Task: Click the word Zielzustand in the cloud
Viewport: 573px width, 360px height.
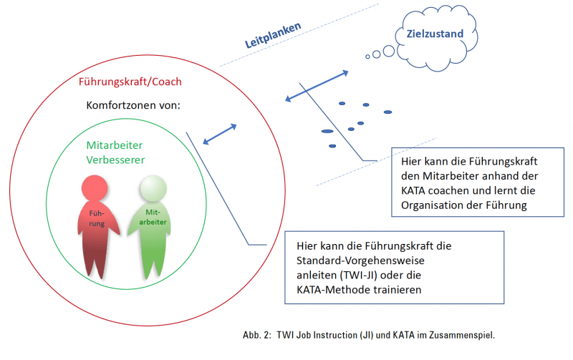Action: [x=435, y=34]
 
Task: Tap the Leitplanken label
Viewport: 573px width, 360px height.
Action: [x=273, y=35]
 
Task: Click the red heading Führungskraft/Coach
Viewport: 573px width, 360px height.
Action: [x=130, y=82]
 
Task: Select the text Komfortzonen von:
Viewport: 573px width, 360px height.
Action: [x=133, y=105]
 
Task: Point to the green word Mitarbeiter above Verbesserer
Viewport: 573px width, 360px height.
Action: [x=115, y=145]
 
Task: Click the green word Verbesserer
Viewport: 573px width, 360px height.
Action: [x=115, y=160]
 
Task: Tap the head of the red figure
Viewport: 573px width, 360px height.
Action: [x=95, y=188]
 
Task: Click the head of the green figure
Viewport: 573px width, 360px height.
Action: [x=153, y=188]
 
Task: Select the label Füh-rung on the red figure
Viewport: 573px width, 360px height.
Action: [x=97, y=218]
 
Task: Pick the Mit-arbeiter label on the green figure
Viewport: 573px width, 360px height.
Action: [x=153, y=217]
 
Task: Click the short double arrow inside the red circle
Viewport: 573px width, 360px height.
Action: [x=220, y=135]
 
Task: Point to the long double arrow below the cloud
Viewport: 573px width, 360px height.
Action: [x=317, y=86]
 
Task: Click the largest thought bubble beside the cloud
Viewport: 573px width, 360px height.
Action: [x=389, y=51]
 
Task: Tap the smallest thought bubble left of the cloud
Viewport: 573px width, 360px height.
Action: [x=367, y=57]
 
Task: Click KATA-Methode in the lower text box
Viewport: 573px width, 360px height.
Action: [x=333, y=290]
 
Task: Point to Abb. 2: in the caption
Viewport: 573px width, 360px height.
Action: [x=257, y=335]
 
